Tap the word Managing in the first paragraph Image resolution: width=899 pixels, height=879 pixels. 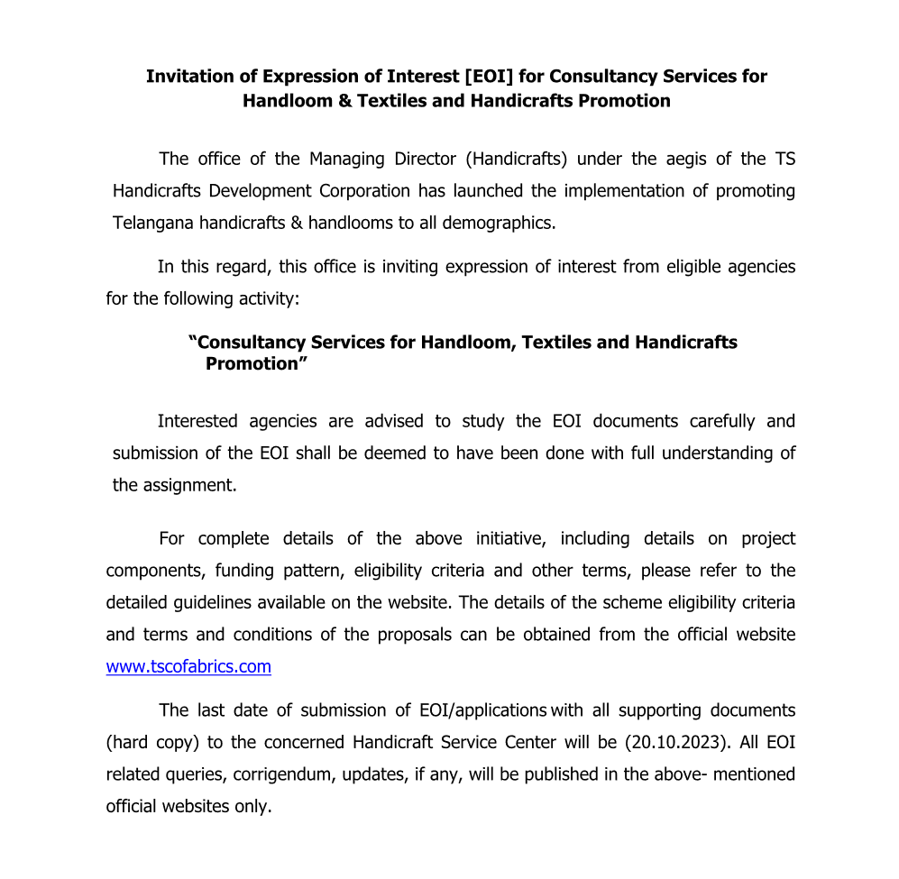pos(346,160)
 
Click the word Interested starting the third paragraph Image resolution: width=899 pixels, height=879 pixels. pos(197,421)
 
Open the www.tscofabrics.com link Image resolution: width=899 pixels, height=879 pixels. pos(188,667)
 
